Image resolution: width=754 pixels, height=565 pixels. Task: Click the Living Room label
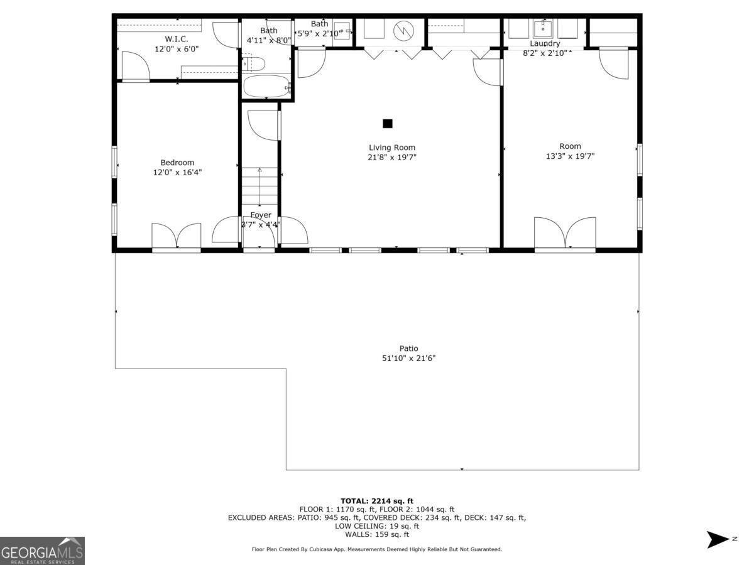pos(392,148)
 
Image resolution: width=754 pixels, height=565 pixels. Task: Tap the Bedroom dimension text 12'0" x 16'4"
pos(177,172)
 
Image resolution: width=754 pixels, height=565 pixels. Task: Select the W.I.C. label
pos(177,39)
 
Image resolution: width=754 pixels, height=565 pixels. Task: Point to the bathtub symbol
pos(266,87)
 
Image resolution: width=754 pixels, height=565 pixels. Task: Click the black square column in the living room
pos(388,124)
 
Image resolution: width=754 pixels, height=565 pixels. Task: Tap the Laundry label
pos(545,44)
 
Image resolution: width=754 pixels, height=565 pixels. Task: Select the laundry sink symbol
pos(542,29)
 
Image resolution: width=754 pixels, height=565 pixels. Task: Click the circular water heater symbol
pos(402,30)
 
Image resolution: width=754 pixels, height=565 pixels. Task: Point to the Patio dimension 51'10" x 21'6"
pos(408,358)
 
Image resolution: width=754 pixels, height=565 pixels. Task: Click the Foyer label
pos(261,215)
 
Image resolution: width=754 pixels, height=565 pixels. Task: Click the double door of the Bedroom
pos(177,236)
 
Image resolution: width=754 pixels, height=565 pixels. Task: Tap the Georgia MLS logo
pos(42,551)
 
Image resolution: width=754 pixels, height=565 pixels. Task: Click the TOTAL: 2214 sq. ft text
pos(377,500)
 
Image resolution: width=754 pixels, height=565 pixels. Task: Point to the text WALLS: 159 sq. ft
pos(377,534)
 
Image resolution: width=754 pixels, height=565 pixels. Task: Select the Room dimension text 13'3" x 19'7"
pos(570,156)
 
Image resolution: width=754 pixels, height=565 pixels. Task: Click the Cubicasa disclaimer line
pos(377,549)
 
